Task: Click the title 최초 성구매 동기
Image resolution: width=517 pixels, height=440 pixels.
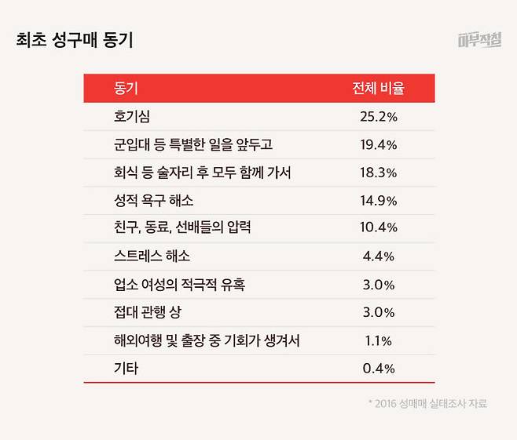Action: pos(75,40)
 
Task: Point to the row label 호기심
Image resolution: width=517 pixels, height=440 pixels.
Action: pos(131,117)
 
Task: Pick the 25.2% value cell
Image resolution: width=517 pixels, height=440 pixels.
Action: pos(378,117)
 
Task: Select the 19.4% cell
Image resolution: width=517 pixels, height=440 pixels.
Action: pos(378,145)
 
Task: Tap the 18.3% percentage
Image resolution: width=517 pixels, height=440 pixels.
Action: pos(378,173)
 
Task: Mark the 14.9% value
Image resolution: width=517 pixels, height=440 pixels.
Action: pos(378,201)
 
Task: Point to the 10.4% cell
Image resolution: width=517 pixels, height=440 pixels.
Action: pos(378,228)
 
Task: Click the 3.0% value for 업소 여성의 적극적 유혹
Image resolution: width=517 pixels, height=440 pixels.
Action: pos(378,284)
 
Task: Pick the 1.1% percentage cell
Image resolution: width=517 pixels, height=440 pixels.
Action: pos(378,340)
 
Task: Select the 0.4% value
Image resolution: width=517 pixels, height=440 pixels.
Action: pos(378,368)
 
